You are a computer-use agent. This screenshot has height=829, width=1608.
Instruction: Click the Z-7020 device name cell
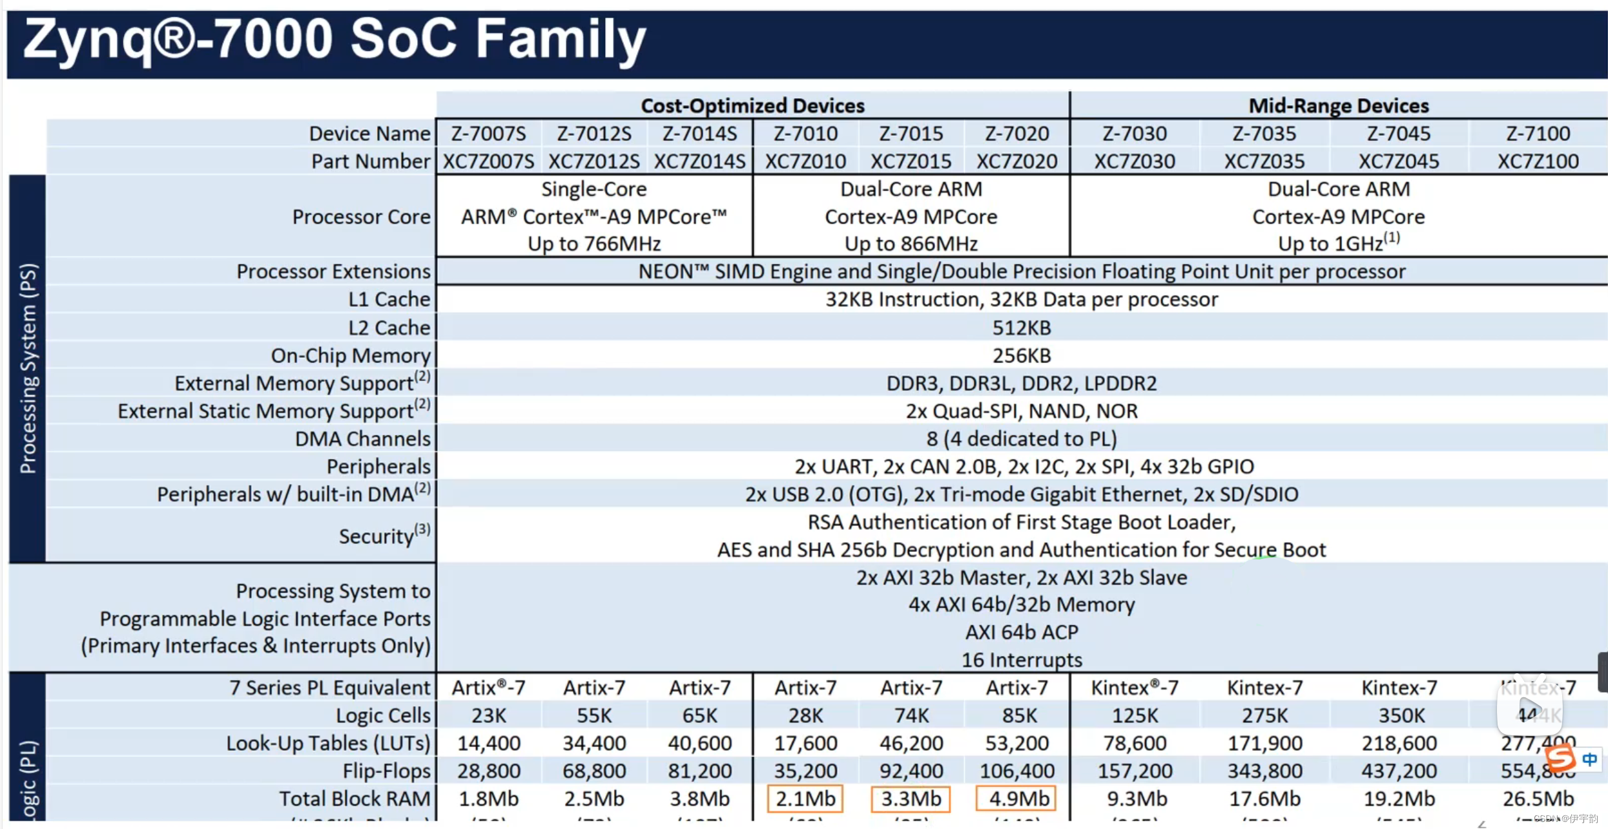point(1016,134)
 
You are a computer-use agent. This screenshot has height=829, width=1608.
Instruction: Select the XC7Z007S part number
point(488,162)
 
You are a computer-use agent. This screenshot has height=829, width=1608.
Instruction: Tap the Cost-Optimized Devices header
point(752,105)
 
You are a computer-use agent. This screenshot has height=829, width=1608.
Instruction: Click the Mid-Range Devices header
point(1338,105)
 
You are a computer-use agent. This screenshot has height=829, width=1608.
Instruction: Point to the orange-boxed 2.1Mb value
point(805,799)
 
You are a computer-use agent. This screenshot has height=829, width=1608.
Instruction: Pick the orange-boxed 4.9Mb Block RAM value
point(1016,799)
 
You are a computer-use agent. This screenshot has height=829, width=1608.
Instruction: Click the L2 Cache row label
point(389,328)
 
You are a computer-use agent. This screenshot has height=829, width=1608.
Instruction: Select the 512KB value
point(1021,328)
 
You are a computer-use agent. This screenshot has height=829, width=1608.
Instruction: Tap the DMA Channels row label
point(362,439)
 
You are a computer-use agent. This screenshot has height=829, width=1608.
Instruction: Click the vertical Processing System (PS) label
point(28,368)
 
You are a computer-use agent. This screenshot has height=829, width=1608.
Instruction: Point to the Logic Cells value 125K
point(1135,715)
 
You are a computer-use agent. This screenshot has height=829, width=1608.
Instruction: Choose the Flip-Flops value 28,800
point(488,771)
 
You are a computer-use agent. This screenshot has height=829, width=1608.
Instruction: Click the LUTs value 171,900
point(1264,743)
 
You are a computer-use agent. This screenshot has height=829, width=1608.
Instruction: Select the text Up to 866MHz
point(911,244)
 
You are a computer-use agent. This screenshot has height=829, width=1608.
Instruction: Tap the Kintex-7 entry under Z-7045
point(1399,687)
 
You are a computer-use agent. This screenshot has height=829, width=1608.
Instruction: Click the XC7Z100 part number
point(1538,162)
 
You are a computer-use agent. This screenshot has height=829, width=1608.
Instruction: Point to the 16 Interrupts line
point(1021,660)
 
